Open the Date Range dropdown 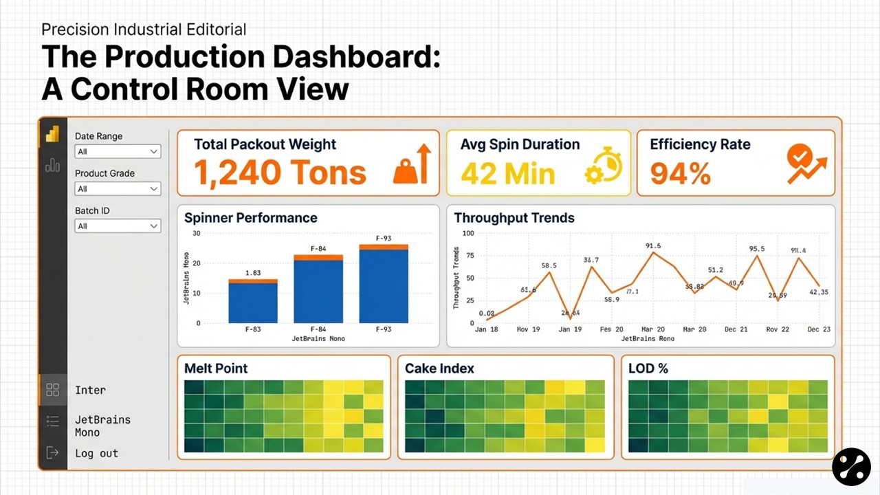tap(118, 152)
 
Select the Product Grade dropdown tap(118, 189)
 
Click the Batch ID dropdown tap(118, 226)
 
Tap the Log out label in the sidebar tap(96, 453)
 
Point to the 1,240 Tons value tap(280, 173)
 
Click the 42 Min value tap(507, 173)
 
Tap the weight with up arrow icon tap(412, 165)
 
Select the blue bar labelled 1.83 tap(253, 303)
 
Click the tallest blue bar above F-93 tap(384, 286)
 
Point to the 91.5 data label tap(653, 245)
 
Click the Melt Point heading tap(216, 368)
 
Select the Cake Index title tap(439, 368)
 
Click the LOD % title tap(648, 368)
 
